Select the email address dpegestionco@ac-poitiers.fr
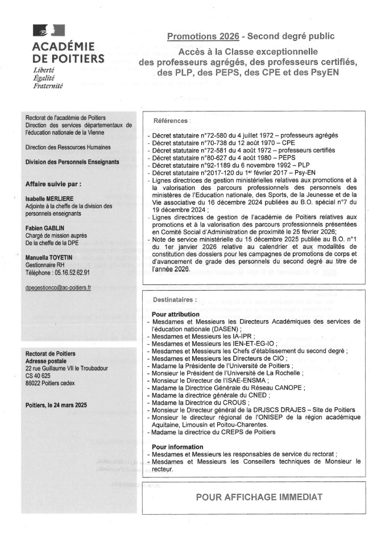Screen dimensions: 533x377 tap(59, 288)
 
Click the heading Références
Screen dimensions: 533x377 tap(172, 121)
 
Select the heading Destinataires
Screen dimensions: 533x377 tap(175, 299)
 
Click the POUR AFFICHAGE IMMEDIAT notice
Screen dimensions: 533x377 tap(259, 497)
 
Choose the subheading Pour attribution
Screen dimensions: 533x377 tap(176, 314)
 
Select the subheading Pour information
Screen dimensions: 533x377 tap(177, 447)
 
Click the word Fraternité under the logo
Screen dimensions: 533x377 tap(48, 86)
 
